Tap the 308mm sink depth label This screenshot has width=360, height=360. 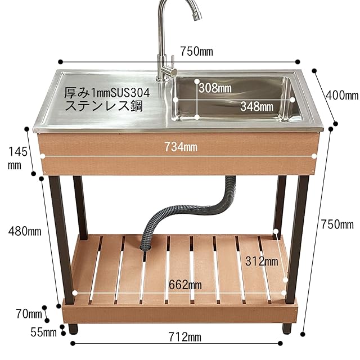click(214, 88)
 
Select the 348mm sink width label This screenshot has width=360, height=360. click(256, 105)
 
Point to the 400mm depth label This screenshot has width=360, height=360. click(341, 96)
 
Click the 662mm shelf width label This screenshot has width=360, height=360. click(186, 285)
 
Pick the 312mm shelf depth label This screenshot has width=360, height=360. click(262, 261)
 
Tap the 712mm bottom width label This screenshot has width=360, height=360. click(185, 337)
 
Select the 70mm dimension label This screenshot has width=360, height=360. click(29, 313)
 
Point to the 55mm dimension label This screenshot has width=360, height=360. click(43, 332)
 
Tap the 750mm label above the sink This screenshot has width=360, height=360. click(196, 52)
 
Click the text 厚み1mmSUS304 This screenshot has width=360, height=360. click(106, 92)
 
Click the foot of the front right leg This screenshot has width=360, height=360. click(287, 327)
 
